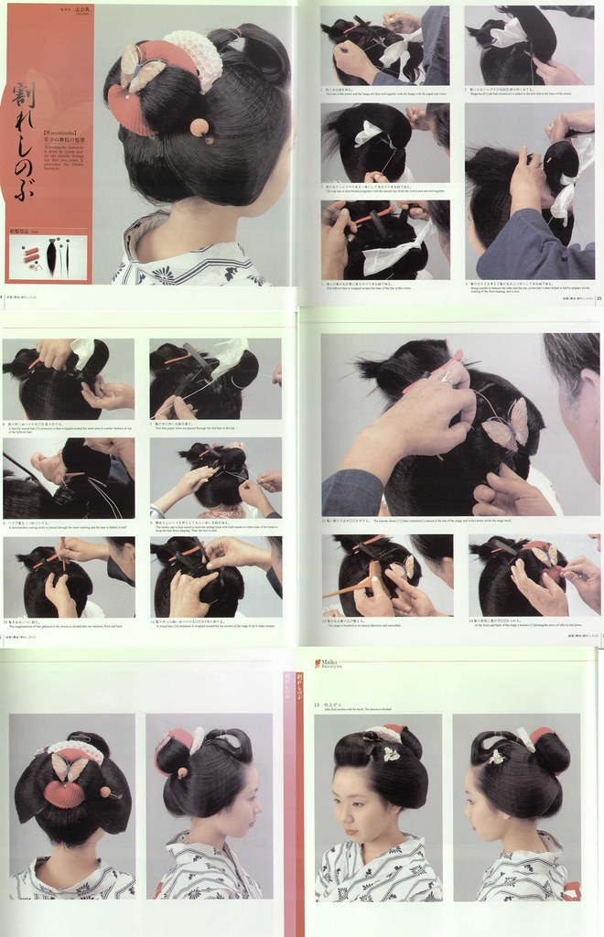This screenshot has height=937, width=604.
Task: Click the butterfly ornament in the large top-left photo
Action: [142, 71]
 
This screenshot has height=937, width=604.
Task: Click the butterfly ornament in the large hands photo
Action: [506, 425]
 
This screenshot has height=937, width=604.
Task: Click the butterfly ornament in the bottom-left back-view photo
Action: [71, 767]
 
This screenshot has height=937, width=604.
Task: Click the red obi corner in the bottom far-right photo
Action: [572, 890]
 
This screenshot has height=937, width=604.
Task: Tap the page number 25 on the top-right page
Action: [598, 296]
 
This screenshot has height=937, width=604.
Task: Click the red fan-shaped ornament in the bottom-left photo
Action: [64, 792]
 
